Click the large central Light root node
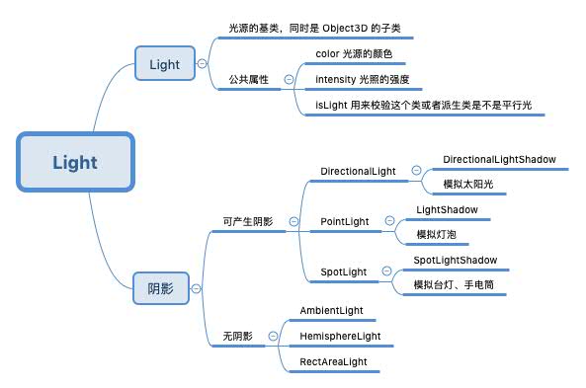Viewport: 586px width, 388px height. click(75, 162)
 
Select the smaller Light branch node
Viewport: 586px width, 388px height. click(164, 65)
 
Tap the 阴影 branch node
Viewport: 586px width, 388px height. click(160, 288)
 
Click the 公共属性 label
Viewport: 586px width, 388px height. click(248, 79)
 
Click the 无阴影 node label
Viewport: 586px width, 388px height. click(237, 336)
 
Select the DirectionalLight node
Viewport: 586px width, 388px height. click(358, 171)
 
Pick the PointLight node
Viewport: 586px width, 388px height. click(344, 221)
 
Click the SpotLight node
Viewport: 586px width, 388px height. click(343, 272)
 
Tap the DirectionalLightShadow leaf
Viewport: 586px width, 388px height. click(499, 159)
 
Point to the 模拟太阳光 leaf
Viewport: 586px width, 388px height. click(466, 184)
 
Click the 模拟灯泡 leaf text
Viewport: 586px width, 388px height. click(436, 234)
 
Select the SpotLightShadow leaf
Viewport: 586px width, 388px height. click(455, 261)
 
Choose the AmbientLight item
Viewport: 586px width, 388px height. click(331, 310)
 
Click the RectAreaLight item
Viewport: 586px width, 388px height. click(333, 362)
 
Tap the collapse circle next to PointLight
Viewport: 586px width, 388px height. click(388, 221)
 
